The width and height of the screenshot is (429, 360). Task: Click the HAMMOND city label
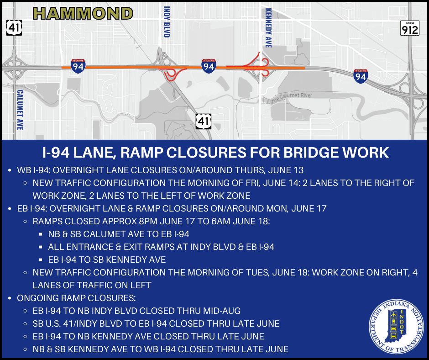pos(83,13)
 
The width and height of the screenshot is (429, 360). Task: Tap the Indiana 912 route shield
pos(409,28)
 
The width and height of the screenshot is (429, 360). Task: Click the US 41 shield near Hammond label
pos(14,28)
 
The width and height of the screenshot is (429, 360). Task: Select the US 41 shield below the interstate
pos(203,122)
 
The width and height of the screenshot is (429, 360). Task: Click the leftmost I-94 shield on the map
pos(78,66)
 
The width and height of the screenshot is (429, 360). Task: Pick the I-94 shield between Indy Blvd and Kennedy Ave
pos(209,66)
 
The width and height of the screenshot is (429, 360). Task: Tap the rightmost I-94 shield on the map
pos(361,76)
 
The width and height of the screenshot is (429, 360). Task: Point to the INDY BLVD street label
pos(166,21)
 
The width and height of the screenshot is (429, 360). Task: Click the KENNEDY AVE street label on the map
pos(268,28)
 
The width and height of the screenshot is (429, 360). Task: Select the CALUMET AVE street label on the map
pos(20,110)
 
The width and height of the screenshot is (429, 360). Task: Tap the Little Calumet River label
pos(289,97)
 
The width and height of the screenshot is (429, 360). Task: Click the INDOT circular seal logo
pos(396,327)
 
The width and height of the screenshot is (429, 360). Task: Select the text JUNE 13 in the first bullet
pos(286,170)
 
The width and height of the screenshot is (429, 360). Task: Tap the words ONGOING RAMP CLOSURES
pos(76,298)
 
